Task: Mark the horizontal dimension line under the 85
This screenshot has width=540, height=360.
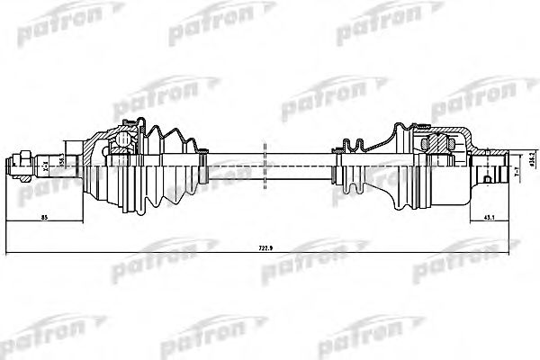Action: coord(45,222)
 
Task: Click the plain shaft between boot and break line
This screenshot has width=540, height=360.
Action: coord(234,165)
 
